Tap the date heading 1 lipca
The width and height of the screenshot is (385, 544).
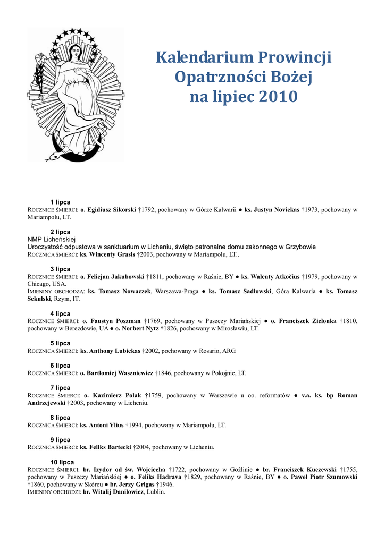pos(60,202)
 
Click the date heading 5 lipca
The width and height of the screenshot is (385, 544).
pos(60,343)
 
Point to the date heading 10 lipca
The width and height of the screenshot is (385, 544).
pos(62,462)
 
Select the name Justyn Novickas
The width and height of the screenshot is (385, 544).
pos(272,210)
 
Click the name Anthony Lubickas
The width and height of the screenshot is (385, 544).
pos(110,351)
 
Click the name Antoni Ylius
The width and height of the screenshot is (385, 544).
pos(102,426)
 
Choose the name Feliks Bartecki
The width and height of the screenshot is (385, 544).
pos(105,448)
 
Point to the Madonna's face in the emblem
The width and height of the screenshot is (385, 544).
pos(74,52)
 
